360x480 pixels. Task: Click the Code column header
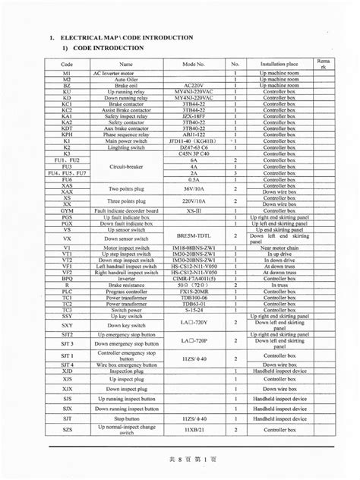tap(68, 64)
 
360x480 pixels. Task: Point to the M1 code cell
tap(68, 74)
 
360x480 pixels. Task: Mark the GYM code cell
tap(68, 210)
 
